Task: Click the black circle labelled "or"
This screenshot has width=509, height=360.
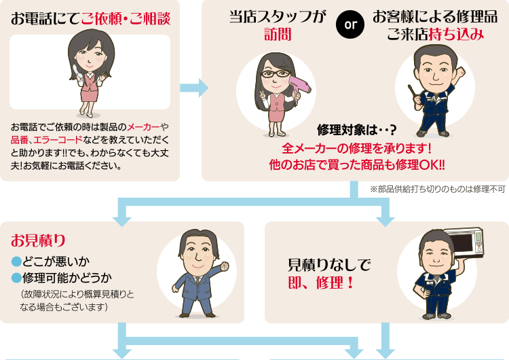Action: click(351, 26)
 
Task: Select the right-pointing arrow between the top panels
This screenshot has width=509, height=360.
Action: click(193, 88)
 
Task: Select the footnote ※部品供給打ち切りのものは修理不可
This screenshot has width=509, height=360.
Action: click(438, 190)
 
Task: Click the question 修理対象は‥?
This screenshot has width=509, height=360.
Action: click(356, 130)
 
